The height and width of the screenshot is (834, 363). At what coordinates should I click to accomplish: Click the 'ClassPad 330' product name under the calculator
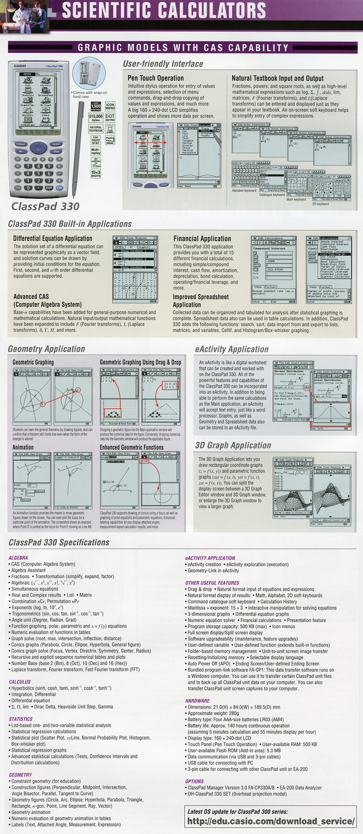click(45, 206)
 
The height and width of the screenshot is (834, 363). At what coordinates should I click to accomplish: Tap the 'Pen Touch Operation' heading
click(156, 78)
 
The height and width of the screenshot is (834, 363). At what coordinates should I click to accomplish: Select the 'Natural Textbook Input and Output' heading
click(278, 78)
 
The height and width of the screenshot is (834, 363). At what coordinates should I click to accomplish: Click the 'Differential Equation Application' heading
click(53, 238)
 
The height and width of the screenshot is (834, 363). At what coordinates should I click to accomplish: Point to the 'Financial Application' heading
click(202, 238)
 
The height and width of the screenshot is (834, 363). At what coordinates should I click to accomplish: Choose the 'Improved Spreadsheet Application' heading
click(201, 301)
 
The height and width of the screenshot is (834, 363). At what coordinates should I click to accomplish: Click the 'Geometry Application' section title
click(46, 349)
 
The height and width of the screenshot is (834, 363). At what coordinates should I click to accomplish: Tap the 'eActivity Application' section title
click(232, 349)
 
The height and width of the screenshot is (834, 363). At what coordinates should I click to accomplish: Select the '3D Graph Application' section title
click(233, 446)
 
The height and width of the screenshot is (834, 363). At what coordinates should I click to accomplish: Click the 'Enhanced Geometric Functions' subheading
click(132, 447)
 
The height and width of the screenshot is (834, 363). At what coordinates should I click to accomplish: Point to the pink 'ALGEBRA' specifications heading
click(18, 558)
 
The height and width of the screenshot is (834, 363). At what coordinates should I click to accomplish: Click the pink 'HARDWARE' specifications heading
click(197, 701)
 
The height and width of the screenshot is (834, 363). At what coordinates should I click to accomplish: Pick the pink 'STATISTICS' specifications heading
click(21, 719)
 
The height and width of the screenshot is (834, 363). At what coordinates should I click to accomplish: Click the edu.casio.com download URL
click(271, 821)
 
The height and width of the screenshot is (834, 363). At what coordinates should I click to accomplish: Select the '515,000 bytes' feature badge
click(96, 118)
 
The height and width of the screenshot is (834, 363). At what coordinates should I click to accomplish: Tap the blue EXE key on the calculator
click(59, 188)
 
